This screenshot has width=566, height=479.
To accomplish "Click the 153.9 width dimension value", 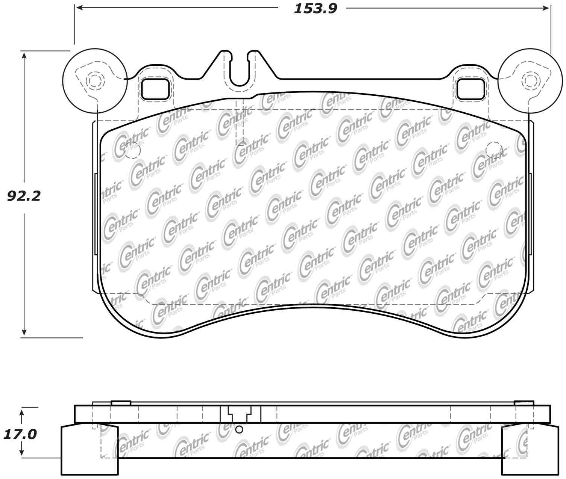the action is pyautogui.click(x=316, y=9).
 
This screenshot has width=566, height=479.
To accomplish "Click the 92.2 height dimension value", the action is pyautogui.click(x=24, y=196).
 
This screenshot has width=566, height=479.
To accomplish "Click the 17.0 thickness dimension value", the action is pyautogui.click(x=20, y=435).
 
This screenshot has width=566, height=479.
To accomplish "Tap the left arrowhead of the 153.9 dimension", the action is pyautogui.click(x=80, y=8).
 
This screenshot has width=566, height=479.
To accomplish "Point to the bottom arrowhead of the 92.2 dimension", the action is pyautogui.click(x=24, y=331).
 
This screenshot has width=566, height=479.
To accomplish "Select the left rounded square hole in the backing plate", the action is pyautogui.click(x=155, y=89).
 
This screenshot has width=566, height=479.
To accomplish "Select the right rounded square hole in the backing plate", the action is pyautogui.click(x=470, y=89).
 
